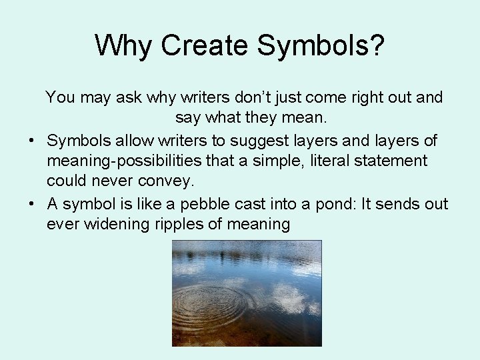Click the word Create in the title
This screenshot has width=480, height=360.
(x=204, y=45)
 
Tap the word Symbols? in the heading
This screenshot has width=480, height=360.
(x=321, y=45)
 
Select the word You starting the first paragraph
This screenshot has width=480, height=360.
(x=60, y=97)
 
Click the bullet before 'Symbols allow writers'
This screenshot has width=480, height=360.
(x=31, y=140)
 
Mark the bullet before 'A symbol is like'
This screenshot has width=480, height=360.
(x=31, y=203)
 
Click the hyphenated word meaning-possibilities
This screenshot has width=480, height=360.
(x=133, y=161)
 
